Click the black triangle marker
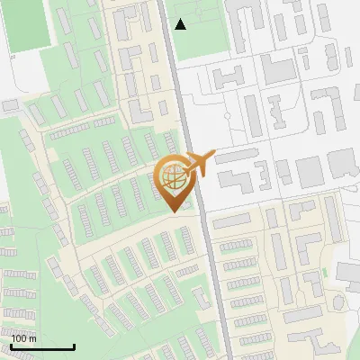(x=181, y=24)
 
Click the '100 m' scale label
(x=24, y=338)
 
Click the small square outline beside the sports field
(x=14, y=56)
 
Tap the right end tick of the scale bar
(x=74, y=346)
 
